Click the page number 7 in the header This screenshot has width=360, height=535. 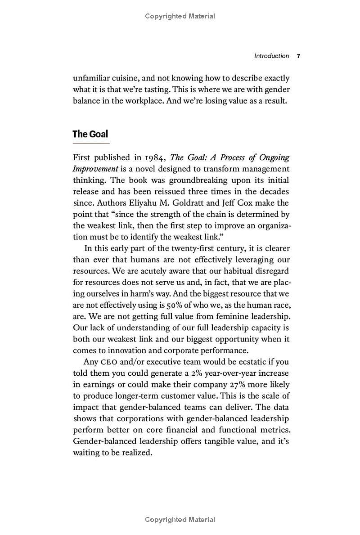click(x=298, y=56)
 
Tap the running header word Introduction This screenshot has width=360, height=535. click(x=271, y=56)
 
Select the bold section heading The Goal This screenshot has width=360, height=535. click(x=90, y=134)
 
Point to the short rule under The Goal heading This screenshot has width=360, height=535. click(x=91, y=143)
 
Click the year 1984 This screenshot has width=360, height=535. click(x=155, y=157)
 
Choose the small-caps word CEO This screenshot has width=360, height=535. click(x=110, y=362)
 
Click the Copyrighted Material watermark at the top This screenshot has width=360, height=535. click(x=180, y=16)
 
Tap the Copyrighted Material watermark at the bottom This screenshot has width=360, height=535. click(x=180, y=520)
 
